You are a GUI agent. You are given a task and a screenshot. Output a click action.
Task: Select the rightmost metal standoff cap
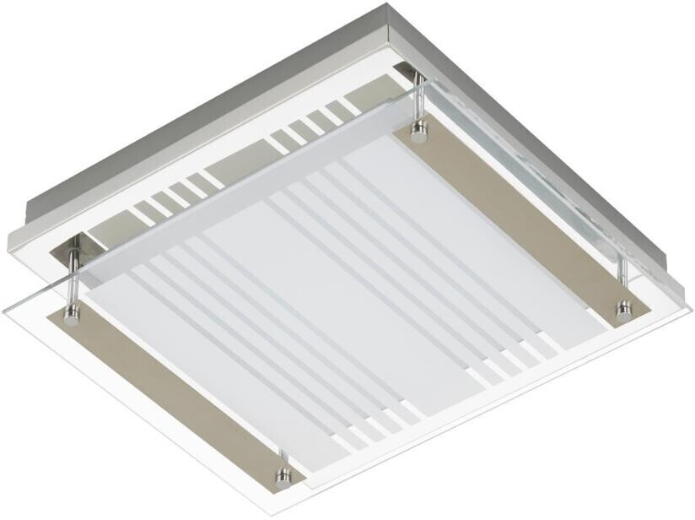623,309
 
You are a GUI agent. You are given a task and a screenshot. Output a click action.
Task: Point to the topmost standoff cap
418,129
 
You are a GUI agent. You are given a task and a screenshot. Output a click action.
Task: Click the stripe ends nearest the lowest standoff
371,422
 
